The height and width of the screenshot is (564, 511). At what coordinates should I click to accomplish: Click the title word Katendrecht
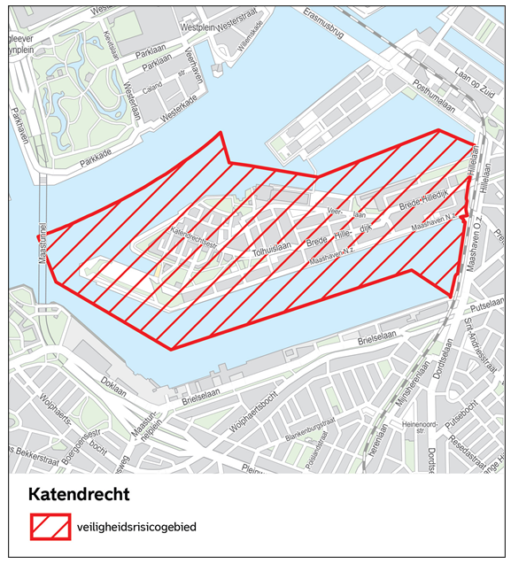80,493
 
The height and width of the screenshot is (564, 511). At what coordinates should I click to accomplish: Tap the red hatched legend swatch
50,527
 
